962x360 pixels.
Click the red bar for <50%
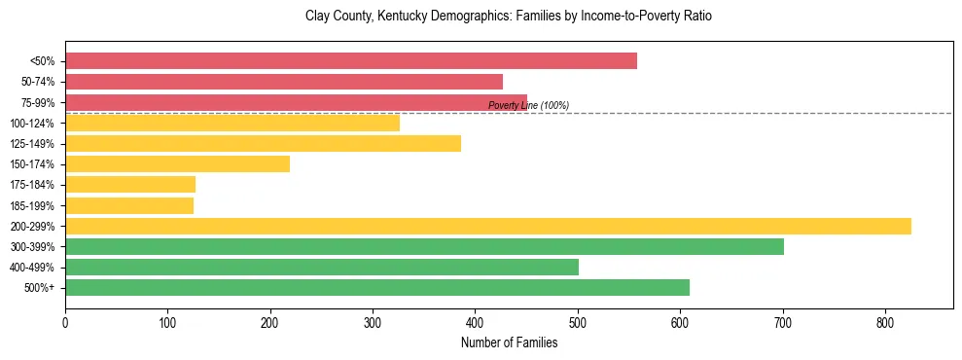click(351, 61)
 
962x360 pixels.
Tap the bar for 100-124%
click(232, 123)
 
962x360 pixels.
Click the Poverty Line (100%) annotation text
click(528, 105)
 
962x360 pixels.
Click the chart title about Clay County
click(509, 17)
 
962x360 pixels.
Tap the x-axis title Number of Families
click(509, 342)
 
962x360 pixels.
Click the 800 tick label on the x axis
click(885, 323)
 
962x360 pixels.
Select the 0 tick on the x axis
click(65, 323)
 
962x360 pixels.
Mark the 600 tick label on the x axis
click(680, 323)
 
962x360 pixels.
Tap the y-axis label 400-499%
click(33, 268)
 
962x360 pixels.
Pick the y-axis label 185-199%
click(33, 205)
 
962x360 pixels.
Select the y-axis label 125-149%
click(33, 144)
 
